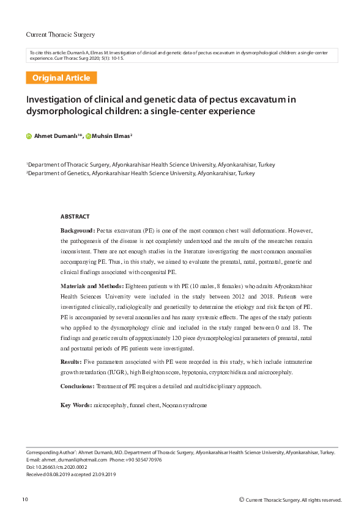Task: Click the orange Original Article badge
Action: coord(61,78)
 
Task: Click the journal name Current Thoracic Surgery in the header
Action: coord(60,34)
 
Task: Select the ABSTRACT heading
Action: coord(75,217)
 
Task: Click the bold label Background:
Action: coord(78,230)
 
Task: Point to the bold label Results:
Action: coord(73,362)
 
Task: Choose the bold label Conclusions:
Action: coord(78,386)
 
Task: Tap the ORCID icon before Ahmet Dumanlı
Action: coord(29,136)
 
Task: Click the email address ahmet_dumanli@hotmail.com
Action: coord(73,460)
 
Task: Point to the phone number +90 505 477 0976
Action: coord(144,460)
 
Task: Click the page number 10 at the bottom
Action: coord(24,500)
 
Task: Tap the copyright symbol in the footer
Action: coord(241,500)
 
